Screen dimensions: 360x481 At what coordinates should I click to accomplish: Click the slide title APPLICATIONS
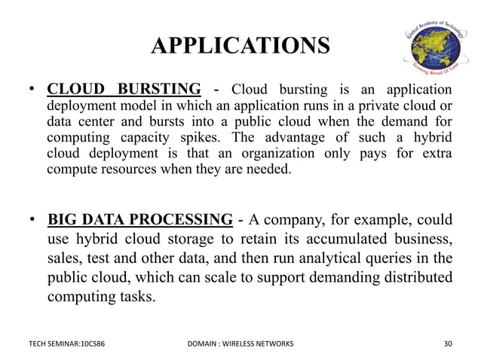(x=240, y=47)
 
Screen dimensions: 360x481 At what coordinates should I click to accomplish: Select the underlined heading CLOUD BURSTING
(x=124, y=87)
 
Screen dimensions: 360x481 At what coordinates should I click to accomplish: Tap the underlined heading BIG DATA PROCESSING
(x=140, y=220)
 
